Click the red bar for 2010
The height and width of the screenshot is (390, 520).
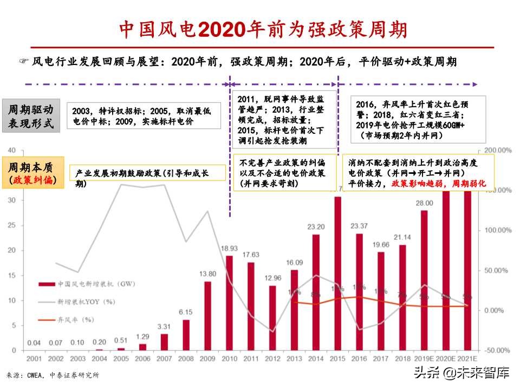tap(229, 303)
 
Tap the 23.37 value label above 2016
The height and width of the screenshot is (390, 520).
tap(359, 226)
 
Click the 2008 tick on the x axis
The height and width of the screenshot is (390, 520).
tap(186, 359)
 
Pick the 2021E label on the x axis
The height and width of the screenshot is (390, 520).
tap(467, 359)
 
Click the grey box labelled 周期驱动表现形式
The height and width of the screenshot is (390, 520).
tap(30, 116)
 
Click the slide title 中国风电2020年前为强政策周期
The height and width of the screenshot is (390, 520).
tap(263, 30)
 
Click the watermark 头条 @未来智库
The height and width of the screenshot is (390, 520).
tap(461, 373)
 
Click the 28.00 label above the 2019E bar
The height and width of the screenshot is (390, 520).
tap(424, 203)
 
